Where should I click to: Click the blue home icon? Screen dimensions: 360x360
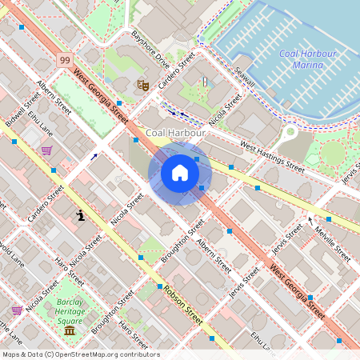180,173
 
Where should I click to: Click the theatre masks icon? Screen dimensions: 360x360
143,84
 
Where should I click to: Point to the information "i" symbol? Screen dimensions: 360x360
81,215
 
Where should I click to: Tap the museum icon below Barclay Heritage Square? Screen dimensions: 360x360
70,330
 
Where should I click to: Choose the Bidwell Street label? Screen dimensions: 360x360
22,111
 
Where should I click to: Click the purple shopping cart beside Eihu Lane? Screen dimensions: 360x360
47,150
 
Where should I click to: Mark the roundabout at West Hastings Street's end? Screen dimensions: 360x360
289,130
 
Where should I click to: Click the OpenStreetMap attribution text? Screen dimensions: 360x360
80,354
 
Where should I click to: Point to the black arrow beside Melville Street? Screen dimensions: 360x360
310,218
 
